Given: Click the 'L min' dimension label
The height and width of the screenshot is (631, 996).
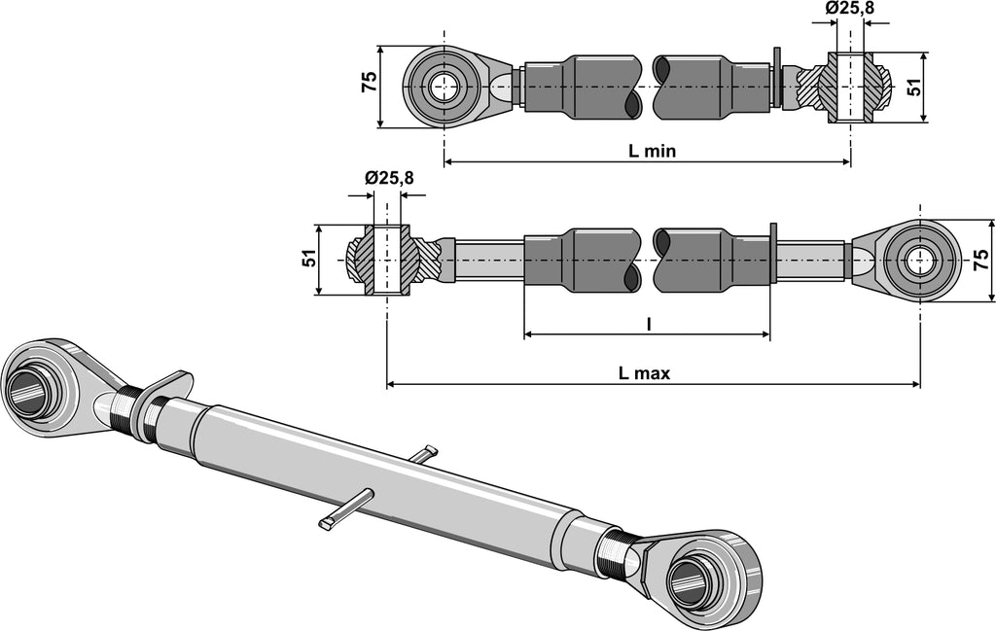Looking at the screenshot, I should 652,151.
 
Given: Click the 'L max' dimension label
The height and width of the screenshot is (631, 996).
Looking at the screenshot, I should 644,372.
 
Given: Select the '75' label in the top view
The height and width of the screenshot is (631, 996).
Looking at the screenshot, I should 370,83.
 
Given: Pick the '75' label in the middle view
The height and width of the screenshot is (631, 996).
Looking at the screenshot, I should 981,260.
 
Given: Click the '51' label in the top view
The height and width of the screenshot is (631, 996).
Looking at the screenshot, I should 913,87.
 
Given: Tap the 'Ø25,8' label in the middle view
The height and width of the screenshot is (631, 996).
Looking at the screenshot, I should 389,177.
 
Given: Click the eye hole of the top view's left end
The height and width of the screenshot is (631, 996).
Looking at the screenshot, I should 444,88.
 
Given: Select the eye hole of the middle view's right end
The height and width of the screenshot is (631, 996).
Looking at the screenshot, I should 919,261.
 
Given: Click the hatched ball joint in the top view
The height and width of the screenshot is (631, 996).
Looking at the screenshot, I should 850,87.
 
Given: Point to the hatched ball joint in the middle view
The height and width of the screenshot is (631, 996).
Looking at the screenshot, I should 386,260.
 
